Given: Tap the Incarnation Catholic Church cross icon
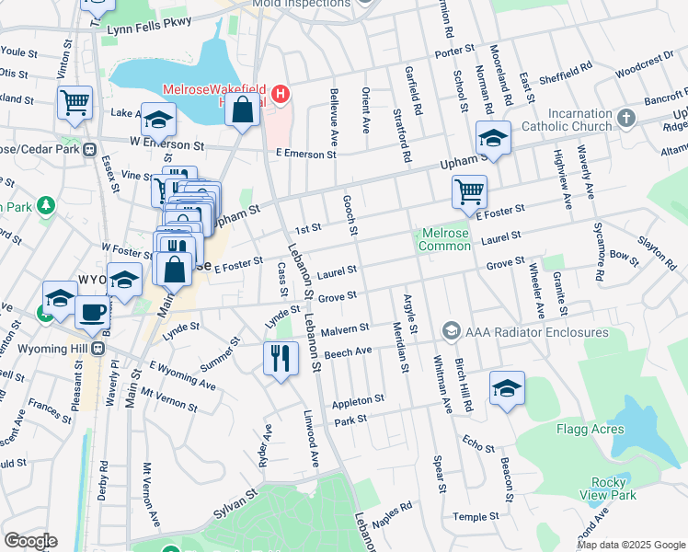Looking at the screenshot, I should [625, 118].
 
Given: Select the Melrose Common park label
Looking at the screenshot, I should [444, 240].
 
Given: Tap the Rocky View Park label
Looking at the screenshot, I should [613, 489].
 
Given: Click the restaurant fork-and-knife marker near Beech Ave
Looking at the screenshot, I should [281, 356].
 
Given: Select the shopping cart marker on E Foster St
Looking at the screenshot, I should [469, 191].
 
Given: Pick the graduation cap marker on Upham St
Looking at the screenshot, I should [493, 138].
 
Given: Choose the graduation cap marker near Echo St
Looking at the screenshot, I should [507, 387].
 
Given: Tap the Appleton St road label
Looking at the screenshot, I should [358, 401].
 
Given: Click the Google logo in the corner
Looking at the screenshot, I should [30, 541].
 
